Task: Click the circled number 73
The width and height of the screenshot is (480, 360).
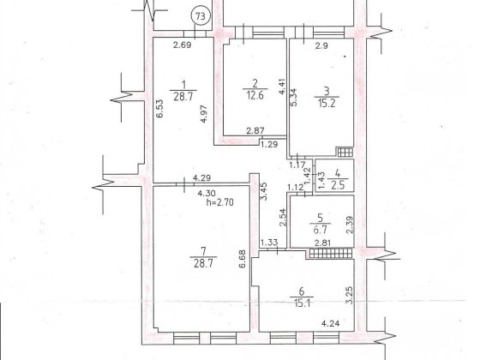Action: click(x=201, y=16)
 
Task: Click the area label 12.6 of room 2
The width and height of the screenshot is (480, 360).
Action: click(x=255, y=96)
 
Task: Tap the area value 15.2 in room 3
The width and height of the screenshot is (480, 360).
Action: click(x=327, y=103)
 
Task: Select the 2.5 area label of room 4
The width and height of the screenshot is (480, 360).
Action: click(x=338, y=185)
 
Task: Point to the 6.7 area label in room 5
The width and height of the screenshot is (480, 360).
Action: click(x=321, y=230)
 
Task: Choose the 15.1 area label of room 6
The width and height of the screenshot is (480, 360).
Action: click(x=302, y=303)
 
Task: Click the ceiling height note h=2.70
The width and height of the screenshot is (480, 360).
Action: click(x=219, y=202)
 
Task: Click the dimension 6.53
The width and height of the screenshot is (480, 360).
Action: click(x=159, y=109)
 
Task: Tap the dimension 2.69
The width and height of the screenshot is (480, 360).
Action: click(x=182, y=45)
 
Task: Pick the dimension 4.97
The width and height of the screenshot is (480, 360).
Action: click(x=204, y=113)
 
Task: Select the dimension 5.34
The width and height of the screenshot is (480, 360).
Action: click(x=293, y=97)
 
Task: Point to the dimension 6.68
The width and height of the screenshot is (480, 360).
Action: click(x=243, y=259)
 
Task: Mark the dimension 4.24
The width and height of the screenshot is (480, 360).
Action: click(x=330, y=323)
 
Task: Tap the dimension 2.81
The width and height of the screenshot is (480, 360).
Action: click(x=322, y=243)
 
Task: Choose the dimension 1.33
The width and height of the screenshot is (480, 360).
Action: click(x=269, y=243)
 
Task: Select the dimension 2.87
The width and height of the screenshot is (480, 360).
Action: click(x=255, y=130)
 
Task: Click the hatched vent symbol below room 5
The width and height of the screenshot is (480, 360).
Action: click(x=331, y=254)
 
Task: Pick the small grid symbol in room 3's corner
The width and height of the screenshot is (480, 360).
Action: click(x=345, y=152)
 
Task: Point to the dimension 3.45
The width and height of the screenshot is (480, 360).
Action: click(x=264, y=191)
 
